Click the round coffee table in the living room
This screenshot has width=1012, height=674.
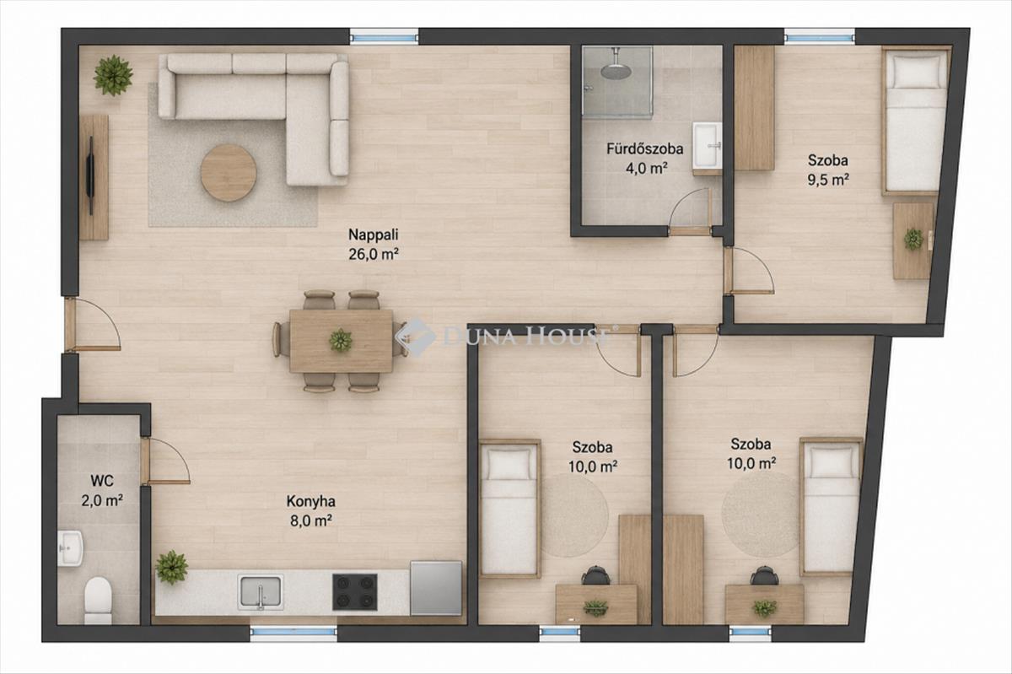[x=229, y=173]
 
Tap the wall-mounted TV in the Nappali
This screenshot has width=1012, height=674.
[x=91, y=175]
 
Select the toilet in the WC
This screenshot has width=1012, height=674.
[x=98, y=601]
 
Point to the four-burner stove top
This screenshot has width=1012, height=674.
[x=355, y=592]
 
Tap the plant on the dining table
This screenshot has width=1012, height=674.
[x=341, y=341]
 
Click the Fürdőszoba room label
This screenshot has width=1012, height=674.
[x=644, y=148]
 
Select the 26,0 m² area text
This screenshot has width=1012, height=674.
[x=373, y=255]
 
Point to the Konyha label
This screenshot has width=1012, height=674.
[x=311, y=501]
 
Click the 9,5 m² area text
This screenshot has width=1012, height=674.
[x=828, y=180]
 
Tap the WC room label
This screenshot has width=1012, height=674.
[x=102, y=481]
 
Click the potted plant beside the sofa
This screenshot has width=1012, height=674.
[x=113, y=75]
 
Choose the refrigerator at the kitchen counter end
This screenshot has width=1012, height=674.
[x=436, y=588]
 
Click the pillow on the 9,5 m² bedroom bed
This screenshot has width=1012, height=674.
[x=917, y=71]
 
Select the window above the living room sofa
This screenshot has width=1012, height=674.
[x=385, y=37]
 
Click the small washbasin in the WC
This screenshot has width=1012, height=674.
[x=71, y=547]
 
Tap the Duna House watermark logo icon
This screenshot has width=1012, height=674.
[x=415, y=337]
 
